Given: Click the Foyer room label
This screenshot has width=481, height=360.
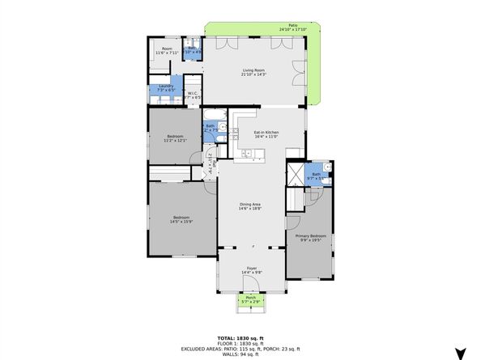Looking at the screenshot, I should pyautogui.click(x=251, y=270).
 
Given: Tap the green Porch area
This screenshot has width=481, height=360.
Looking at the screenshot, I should pyautogui.click(x=251, y=303).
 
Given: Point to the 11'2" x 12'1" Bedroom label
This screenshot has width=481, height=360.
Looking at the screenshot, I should pyautogui.click(x=175, y=138).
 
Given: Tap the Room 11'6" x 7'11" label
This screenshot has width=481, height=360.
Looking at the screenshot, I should pyautogui.click(x=167, y=51).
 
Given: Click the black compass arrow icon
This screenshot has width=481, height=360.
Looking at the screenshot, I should pyautogui.click(x=461, y=353).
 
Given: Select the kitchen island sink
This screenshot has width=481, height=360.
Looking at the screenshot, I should pyautogui.click(x=246, y=152).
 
